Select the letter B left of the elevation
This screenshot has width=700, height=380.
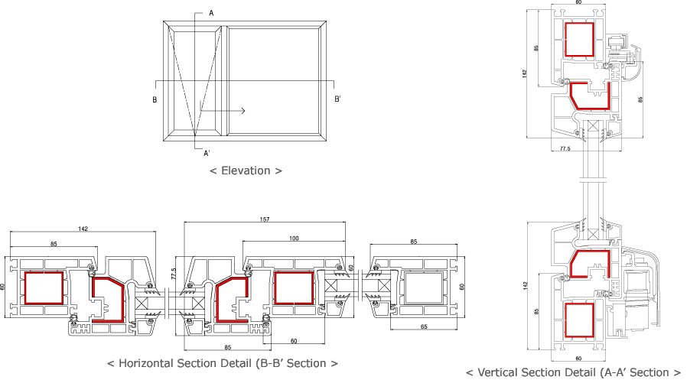pyautogui.click(x=155, y=99)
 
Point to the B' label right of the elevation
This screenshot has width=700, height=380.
pyautogui.click(x=337, y=99)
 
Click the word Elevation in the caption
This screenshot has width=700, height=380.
pyautogui.click(x=246, y=171)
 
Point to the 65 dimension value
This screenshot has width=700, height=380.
pyautogui.click(x=425, y=326)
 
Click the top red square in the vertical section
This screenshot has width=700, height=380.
pyautogui.click(x=580, y=39)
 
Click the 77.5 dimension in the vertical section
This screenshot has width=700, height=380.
pyautogui.click(x=565, y=148)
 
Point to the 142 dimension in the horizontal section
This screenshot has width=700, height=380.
pyautogui.click(x=82, y=228)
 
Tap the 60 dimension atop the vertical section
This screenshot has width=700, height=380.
pyautogui.click(x=578, y=3)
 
